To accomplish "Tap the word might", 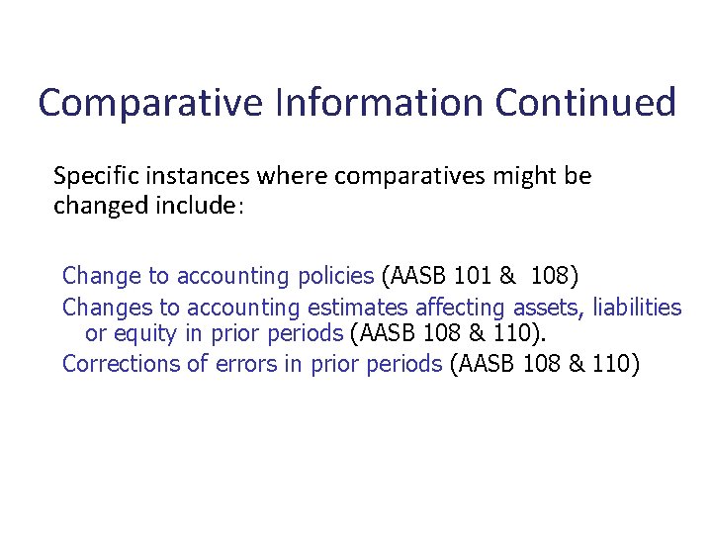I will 524,177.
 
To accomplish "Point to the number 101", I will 478,274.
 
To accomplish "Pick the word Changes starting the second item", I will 106,309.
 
